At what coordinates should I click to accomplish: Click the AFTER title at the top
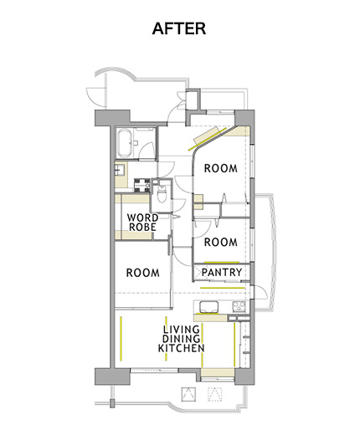pos(179,28)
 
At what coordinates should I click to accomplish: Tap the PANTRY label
pos(222,272)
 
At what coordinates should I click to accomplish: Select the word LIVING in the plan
pos(182,330)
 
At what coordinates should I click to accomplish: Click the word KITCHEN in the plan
pos(182,348)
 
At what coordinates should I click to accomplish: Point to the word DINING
pos(182,339)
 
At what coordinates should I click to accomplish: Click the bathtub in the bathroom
pos(124,144)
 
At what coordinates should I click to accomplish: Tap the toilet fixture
pos(162,193)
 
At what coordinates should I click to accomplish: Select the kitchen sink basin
pos(208,307)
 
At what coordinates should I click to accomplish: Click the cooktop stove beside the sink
pos(239,307)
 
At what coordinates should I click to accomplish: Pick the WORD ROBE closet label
pos(142,223)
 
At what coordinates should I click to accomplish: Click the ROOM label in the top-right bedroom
pos(221,168)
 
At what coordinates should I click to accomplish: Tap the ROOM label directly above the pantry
pos(221,242)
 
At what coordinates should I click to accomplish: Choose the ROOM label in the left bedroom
pos(143,273)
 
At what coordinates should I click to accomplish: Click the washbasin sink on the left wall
pos(119,169)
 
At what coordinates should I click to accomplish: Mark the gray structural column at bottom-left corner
pos(112,376)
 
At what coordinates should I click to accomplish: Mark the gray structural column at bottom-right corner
pos(244,376)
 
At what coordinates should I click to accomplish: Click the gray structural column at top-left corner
pos(112,118)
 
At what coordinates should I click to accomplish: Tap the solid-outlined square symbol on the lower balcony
pos(188,394)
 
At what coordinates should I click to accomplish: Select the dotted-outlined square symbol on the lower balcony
pos(215,394)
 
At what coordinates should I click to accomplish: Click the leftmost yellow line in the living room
pos(121,338)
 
